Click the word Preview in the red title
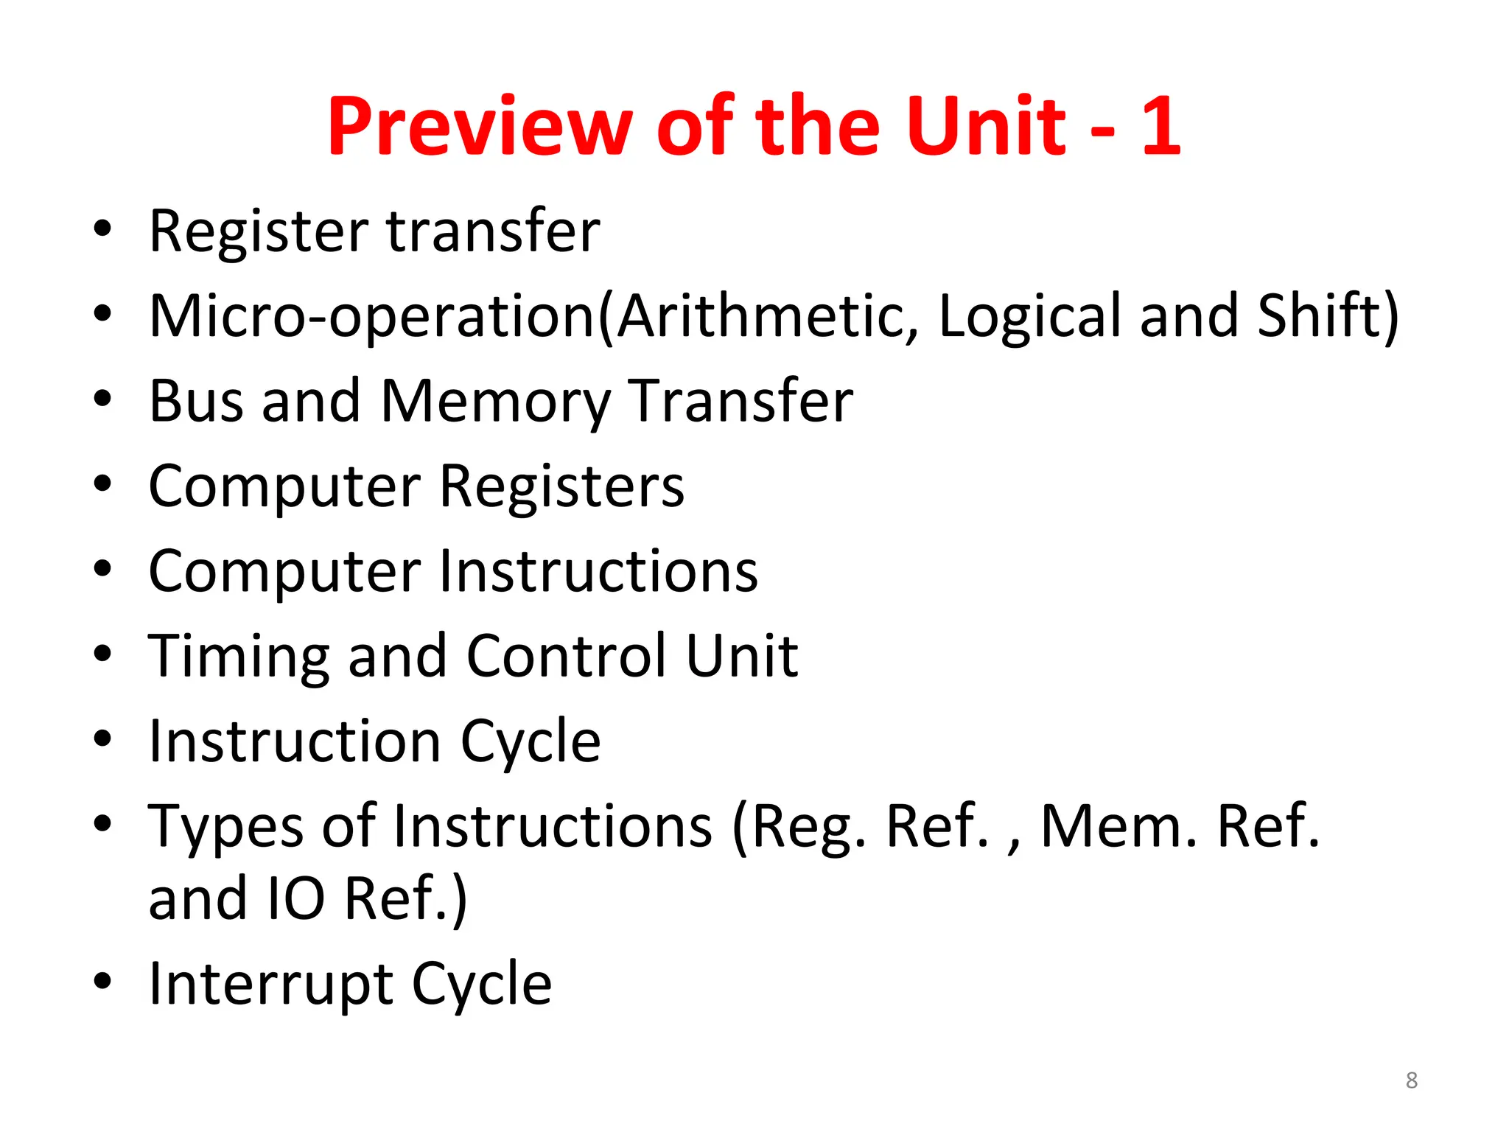tap(480, 126)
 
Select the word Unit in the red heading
tap(987, 126)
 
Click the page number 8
tap(1411, 1080)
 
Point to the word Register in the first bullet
tap(258, 231)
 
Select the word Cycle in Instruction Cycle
tap(531, 741)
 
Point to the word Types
tap(225, 827)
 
